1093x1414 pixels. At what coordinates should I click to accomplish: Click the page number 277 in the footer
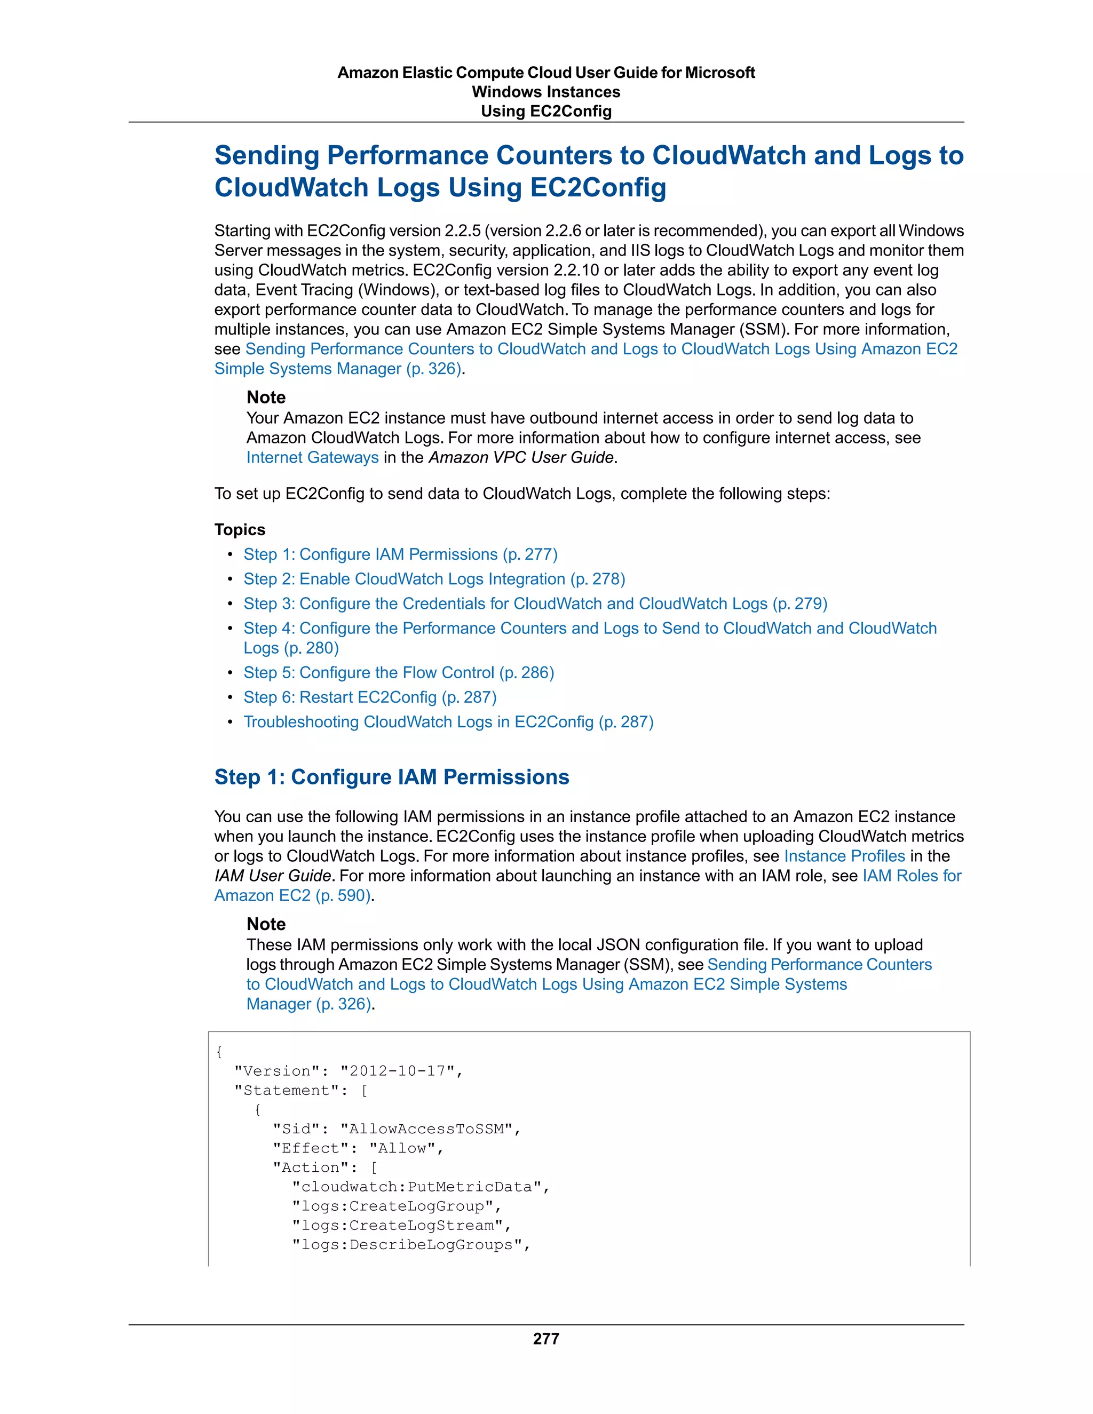(546, 1338)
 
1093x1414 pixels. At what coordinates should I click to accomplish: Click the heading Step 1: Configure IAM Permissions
(392, 776)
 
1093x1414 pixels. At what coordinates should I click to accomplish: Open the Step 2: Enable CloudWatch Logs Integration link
(434, 579)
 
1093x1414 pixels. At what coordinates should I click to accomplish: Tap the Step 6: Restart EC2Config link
(370, 697)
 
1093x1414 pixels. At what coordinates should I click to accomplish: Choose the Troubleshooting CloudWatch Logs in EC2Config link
(448, 721)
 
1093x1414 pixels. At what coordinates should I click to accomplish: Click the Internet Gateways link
(312, 457)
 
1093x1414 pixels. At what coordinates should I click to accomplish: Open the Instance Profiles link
(844, 855)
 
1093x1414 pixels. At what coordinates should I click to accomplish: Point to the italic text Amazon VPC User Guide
(520, 457)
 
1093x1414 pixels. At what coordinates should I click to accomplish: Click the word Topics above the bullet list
(240, 530)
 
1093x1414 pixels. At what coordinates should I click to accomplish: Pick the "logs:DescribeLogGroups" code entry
(410, 1244)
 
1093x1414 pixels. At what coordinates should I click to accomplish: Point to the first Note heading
(265, 397)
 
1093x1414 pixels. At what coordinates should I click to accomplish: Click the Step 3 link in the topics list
(535, 603)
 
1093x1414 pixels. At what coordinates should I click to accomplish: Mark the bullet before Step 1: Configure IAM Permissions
(230, 555)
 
